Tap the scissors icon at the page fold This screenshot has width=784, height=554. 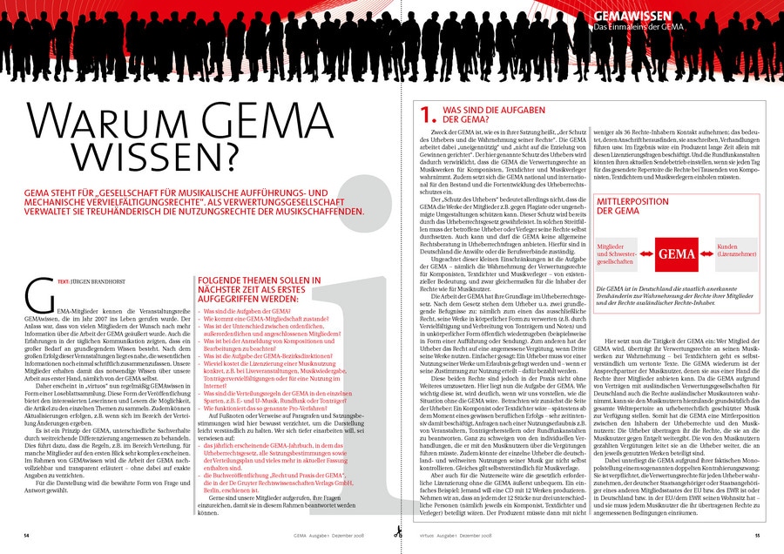396,533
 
